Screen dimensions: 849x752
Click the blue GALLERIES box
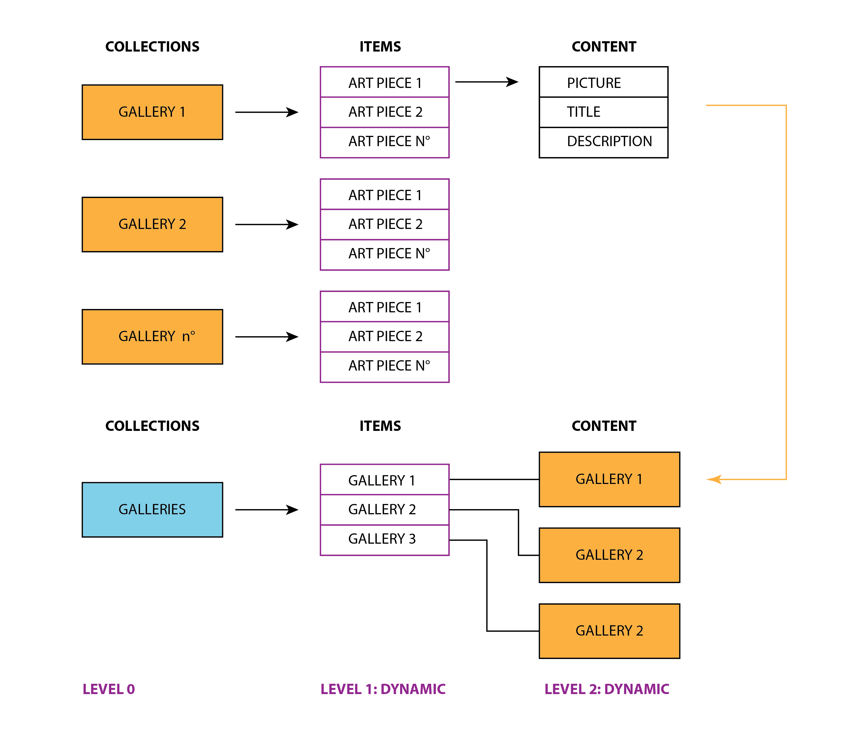(152, 510)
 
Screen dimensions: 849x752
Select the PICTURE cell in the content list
(603, 82)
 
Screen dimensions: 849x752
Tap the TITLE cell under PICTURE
(603, 112)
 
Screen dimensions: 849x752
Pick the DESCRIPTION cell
(603, 143)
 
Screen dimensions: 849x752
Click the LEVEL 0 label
(109, 689)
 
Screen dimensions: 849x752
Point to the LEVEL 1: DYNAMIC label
(383, 689)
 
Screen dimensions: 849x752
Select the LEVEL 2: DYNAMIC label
(607, 689)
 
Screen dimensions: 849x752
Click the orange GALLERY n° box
(152, 337)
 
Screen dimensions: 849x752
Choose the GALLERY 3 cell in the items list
(385, 540)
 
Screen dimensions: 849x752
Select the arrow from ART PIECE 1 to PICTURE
(487, 82)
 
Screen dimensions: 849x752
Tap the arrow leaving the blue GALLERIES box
(267, 510)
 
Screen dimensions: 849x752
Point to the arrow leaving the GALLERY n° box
(267, 337)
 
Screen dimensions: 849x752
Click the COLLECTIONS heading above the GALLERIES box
(152, 426)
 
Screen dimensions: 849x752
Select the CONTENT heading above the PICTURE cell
(604, 46)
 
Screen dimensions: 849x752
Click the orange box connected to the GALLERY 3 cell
(609, 631)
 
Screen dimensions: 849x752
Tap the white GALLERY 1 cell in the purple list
(385, 479)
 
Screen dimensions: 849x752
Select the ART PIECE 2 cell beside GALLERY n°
(385, 337)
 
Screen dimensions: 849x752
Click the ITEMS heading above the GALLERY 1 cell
(380, 426)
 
